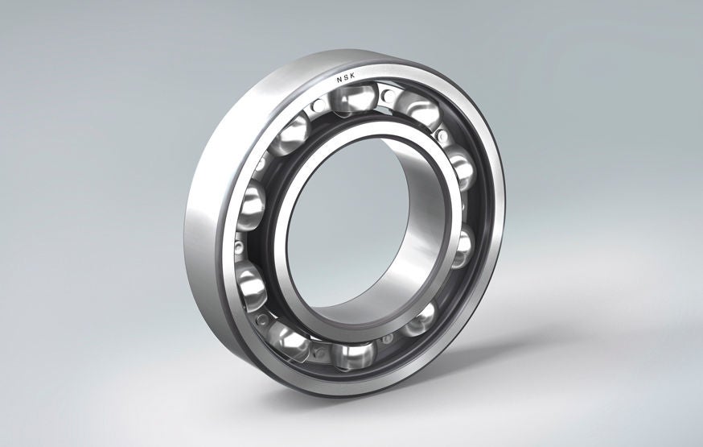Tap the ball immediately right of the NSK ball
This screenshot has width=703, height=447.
point(417,109)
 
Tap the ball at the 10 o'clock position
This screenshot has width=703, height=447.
point(289,133)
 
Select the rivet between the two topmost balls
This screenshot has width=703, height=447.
point(387,96)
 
